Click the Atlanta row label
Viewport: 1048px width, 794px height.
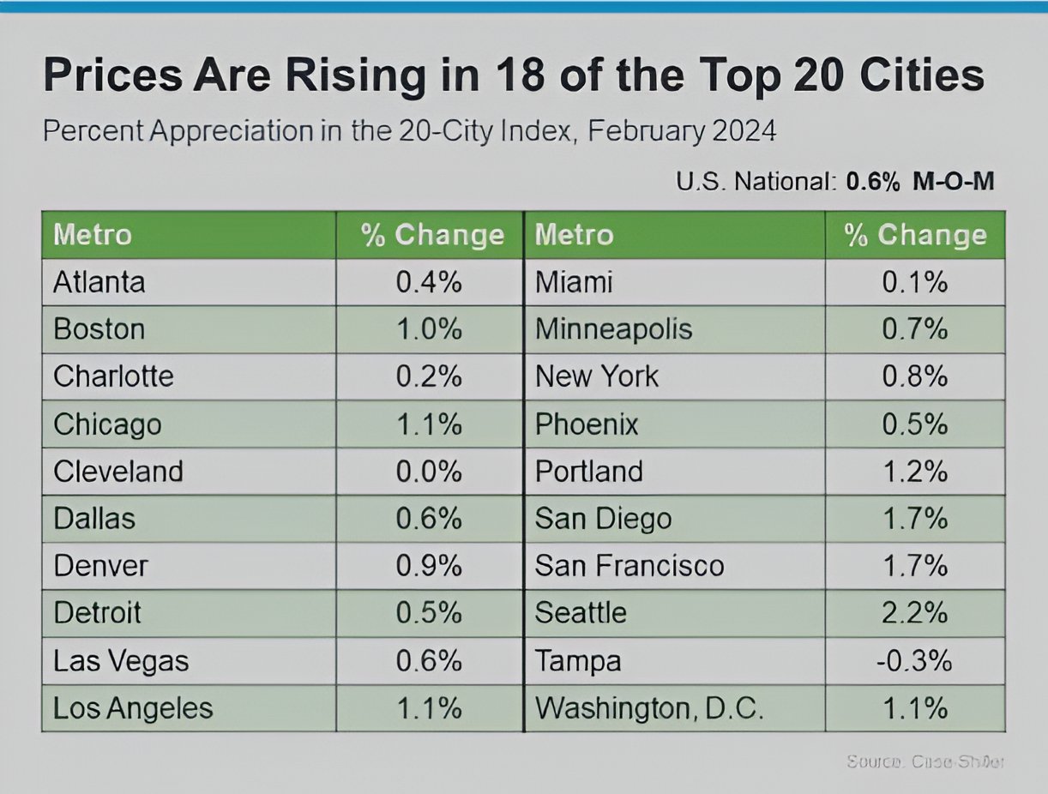tap(99, 282)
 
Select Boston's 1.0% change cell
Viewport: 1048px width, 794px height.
tap(429, 329)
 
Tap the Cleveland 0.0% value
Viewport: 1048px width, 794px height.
tap(429, 472)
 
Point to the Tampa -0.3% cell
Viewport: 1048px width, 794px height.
tap(913, 661)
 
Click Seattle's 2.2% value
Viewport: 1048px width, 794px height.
tap(914, 613)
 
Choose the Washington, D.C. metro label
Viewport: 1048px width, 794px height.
tap(649, 708)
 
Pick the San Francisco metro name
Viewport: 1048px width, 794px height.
tap(629, 566)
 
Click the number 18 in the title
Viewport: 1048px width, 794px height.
tap(522, 75)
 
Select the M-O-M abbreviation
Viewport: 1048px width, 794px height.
tap(953, 182)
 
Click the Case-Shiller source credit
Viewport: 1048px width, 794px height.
tap(925, 761)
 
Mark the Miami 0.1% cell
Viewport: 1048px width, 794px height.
tap(914, 282)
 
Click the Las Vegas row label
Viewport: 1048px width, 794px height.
tap(121, 661)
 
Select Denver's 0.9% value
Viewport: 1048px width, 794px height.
tap(429, 566)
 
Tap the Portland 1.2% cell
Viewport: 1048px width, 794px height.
tap(914, 472)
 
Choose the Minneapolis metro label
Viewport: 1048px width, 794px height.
tap(614, 329)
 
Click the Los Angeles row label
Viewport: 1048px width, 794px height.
tap(133, 708)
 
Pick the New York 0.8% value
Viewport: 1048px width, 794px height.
tap(914, 376)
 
